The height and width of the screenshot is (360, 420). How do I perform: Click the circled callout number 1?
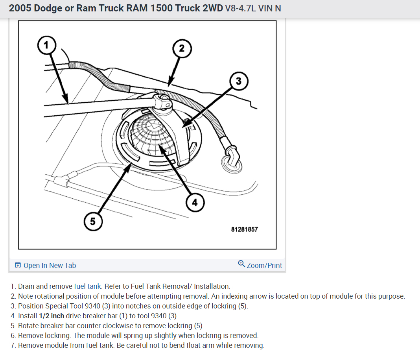coord(47,45)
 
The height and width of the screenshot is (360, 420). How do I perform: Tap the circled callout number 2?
coord(181,48)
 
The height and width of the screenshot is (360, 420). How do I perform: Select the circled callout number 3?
coord(238,81)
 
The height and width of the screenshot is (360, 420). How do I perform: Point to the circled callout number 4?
coord(194,203)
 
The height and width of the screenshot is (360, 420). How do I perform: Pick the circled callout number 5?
coord(92,221)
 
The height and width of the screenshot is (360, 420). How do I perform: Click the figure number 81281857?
coord(244,229)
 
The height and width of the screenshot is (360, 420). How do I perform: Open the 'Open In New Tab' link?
coord(50,266)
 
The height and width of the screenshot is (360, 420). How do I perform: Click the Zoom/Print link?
coord(264,266)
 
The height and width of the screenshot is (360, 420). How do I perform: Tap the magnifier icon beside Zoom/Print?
coord(242,264)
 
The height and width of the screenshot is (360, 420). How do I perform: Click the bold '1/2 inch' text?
coord(52,316)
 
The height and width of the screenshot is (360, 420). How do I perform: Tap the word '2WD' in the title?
coord(210,8)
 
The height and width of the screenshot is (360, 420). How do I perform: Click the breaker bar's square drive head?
coord(162,101)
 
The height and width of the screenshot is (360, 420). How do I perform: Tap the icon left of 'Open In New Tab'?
coord(18,266)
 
